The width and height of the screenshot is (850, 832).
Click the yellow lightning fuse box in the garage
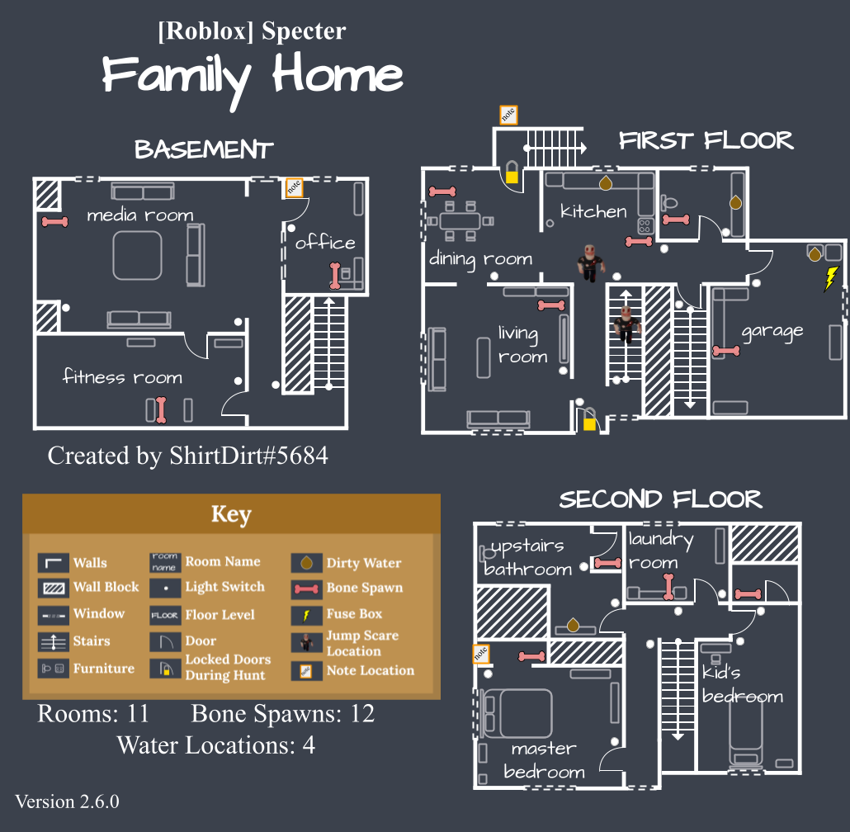coord(830,278)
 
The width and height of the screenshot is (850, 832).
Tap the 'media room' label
coord(140,215)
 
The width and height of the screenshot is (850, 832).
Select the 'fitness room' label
coord(122,377)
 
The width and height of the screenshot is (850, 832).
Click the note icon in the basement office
coord(293,187)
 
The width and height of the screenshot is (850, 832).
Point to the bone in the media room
coord(54,221)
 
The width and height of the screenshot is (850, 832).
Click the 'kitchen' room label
coord(593,211)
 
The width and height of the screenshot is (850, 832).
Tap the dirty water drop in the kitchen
coord(605,181)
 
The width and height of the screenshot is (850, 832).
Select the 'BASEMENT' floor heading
coord(204,150)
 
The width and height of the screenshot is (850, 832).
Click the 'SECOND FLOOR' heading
coord(660,499)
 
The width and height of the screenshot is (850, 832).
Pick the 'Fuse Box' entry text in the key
coord(354,614)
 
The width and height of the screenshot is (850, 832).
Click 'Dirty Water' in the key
coord(364,563)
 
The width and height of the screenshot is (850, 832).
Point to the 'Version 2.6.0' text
coord(67,801)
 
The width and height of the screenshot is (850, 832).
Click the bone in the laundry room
coord(668,587)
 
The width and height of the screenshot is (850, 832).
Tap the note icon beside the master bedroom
coord(480,655)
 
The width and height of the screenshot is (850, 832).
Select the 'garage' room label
coord(772,332)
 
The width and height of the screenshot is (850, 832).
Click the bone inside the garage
coord(726,351)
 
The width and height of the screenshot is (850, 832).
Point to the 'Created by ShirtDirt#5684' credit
coord(187,456)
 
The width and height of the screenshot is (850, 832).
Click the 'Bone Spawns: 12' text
coord(283,713)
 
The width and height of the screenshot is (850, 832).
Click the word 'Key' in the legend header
coord(230,514)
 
